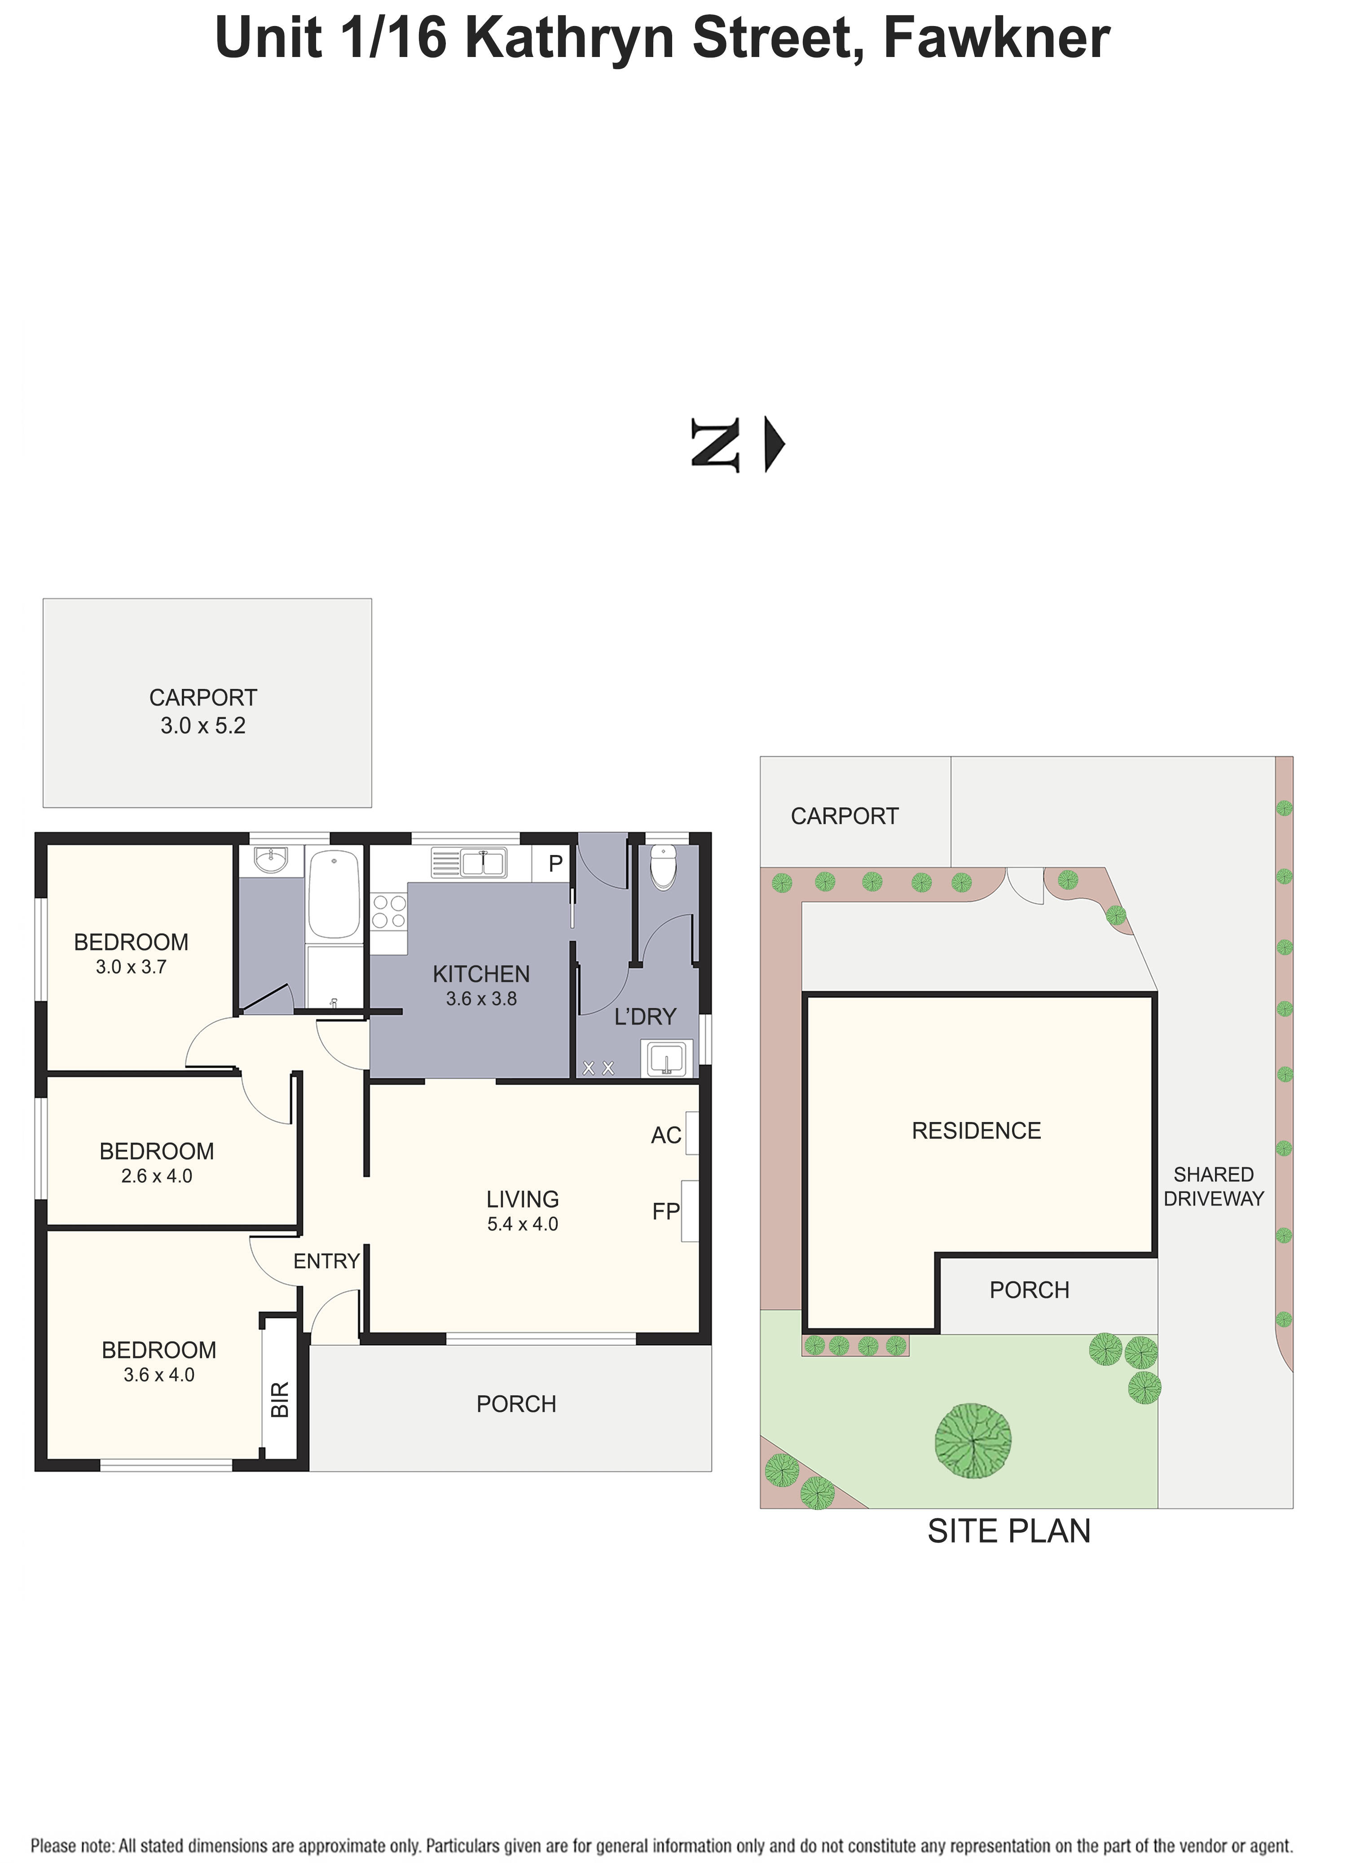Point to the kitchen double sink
tap(482, 864)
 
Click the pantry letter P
tap(555, 864)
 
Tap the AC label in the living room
tap(666, 1135)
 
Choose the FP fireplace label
tap(666, 1212)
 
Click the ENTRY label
tap(326, 1261)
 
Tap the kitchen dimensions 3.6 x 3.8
tap(481, 999)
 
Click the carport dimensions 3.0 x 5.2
tap(203, 725)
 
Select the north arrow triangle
tap(773, 444)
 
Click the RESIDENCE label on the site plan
tap(976, 1131)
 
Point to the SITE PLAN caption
tap(1008, 1531)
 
